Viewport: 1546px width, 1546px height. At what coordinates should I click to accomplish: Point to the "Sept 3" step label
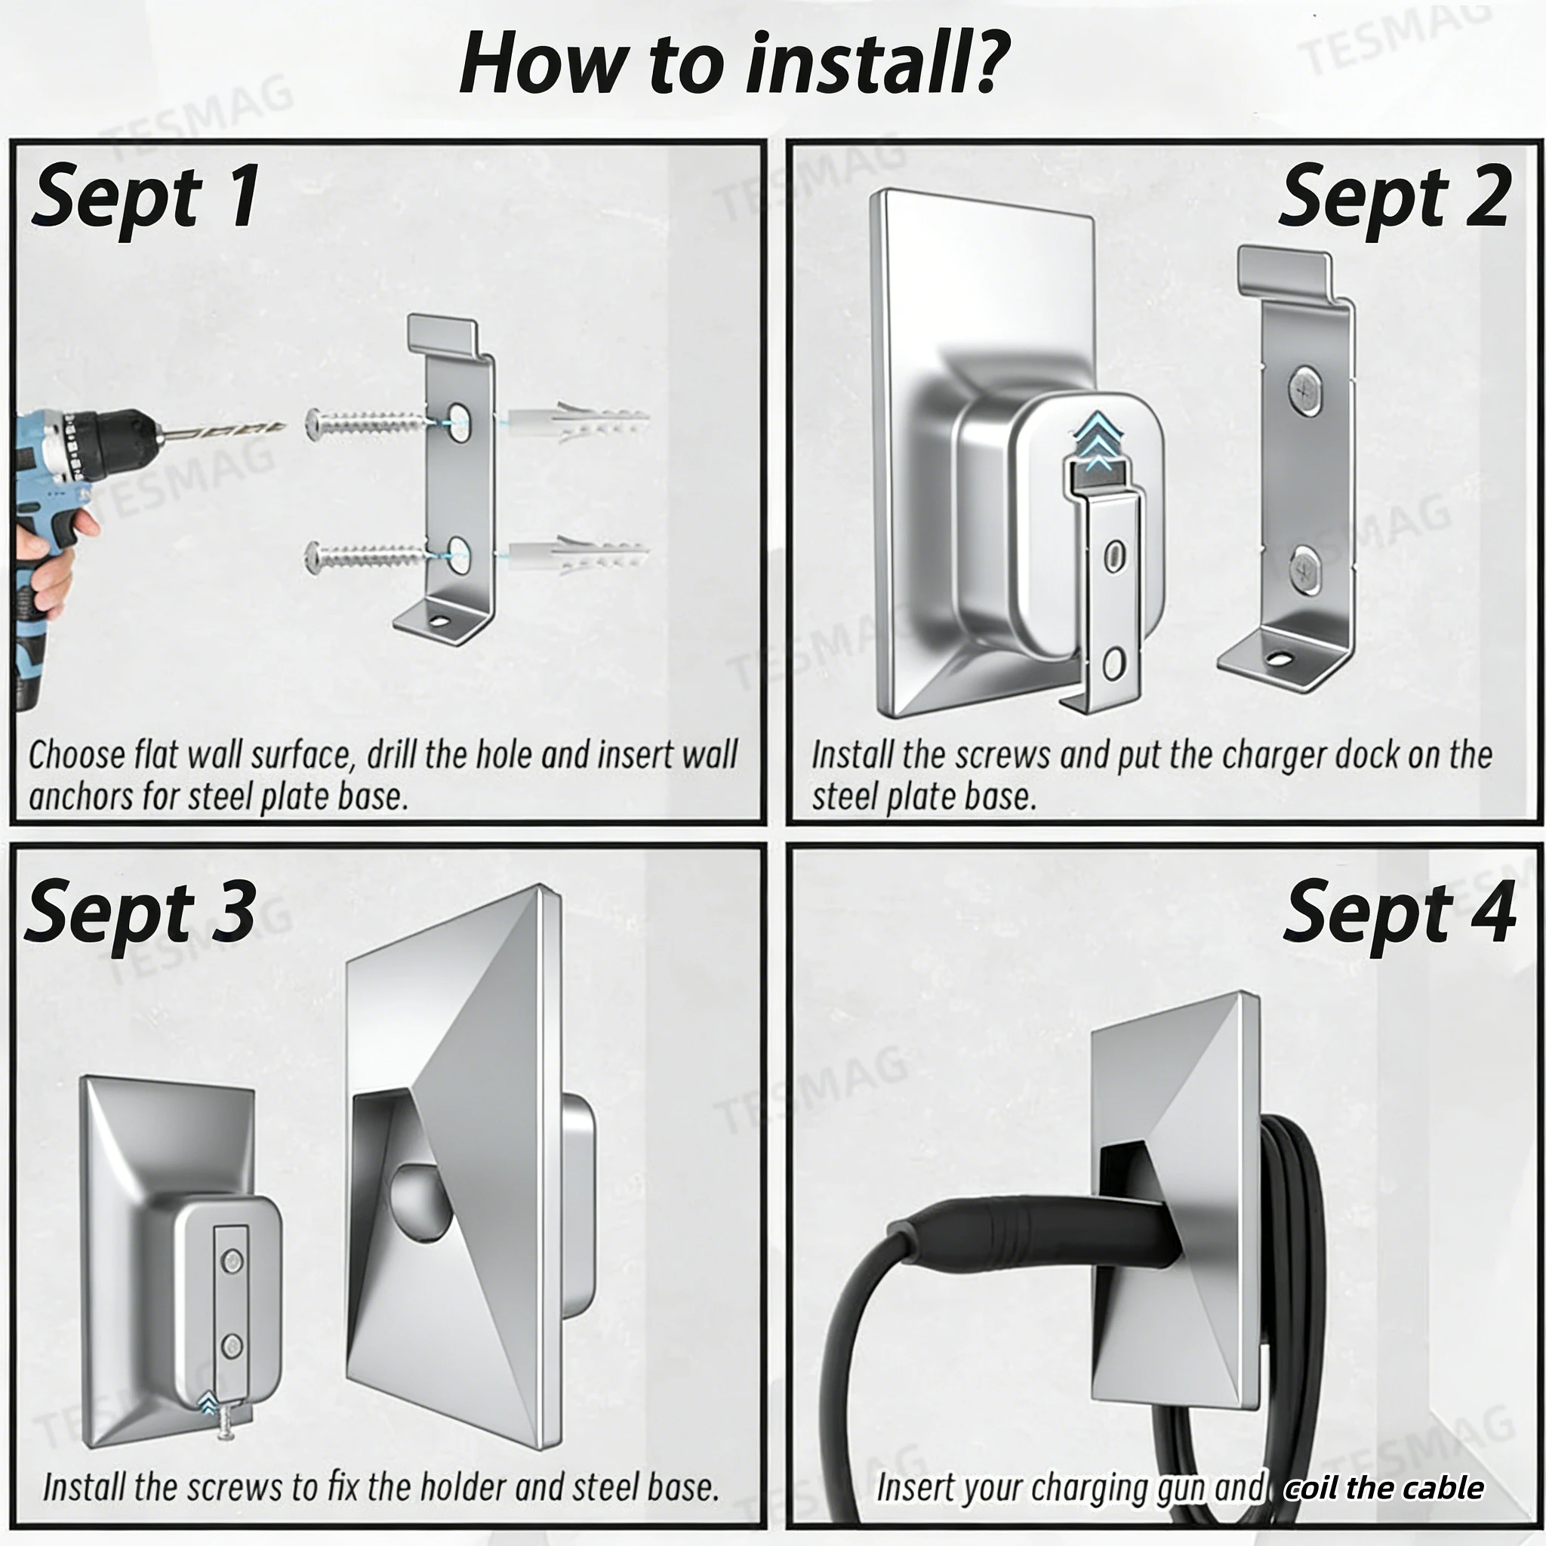141,914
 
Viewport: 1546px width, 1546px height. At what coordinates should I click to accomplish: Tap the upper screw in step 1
364,422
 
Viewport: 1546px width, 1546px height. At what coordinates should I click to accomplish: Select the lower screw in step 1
364,556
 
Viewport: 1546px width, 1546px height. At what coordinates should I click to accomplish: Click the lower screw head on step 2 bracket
1305,570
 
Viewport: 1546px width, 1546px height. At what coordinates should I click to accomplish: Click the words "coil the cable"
1384,1489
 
